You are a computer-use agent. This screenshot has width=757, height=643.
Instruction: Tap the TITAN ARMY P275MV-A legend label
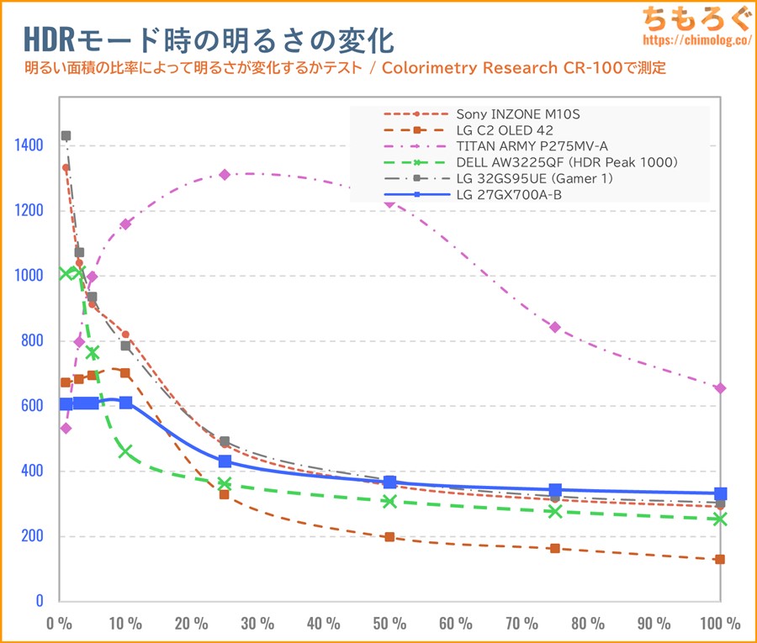tap(532, 146)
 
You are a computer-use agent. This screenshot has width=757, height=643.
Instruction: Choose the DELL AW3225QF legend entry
tap(555, 162)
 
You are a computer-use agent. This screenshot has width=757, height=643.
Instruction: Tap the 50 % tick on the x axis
tap(389, 624)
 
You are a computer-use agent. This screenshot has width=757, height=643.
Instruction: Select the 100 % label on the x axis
tap(720, 624)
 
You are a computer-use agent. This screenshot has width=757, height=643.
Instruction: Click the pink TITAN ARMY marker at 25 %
tap(225, 175)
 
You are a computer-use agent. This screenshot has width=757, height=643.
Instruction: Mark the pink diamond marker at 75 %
tap(555, 327)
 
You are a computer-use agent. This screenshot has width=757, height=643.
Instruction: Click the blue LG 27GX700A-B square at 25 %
tap(225, 461)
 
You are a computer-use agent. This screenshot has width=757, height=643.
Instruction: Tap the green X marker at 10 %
tap(125, 451)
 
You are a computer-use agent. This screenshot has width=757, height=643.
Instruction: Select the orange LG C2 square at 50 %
tap(389, 536)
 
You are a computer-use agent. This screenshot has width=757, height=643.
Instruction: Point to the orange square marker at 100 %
tap(720, 559)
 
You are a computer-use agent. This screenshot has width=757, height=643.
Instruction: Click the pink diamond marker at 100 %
tap(720, 388)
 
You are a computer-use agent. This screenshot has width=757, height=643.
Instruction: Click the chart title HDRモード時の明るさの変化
tap(206, 40)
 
